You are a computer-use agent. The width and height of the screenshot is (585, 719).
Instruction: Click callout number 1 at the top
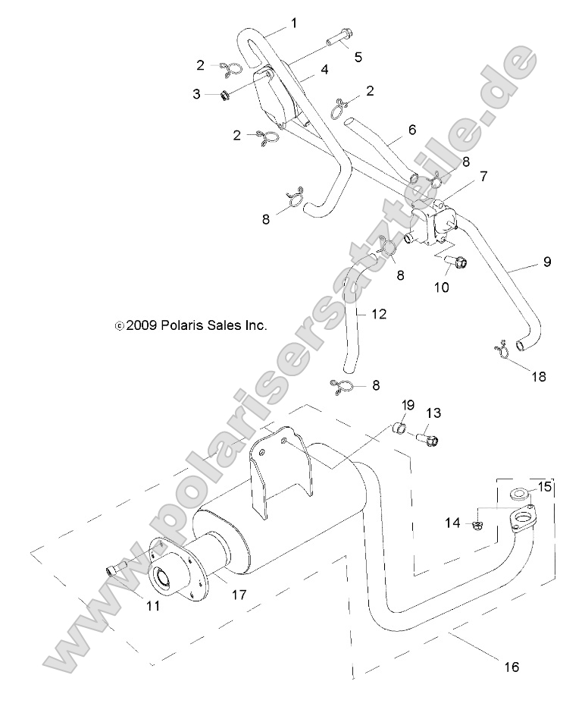pyautogui.click(x=294, y=24)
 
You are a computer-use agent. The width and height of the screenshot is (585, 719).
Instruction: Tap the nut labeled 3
pyautogui.click(x=224, y=96)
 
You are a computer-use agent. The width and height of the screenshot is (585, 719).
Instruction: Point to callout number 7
pyautogui.click(x=483, y=176)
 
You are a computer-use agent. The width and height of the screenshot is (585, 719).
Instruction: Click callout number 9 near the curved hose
pyautogui.click(x=547, y=262)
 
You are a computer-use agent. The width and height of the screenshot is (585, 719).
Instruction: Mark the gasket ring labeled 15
pyautogui.click(x=518, y=495)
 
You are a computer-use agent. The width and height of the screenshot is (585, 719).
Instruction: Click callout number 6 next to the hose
pyautogui.click(x=411, y=130)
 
